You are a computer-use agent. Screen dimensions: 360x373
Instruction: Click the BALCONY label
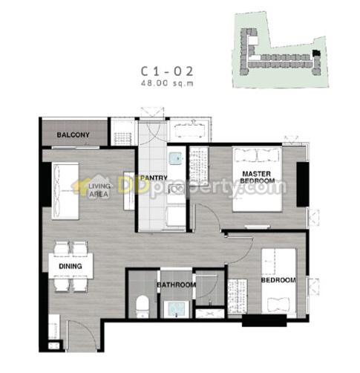click(x=73, y=135)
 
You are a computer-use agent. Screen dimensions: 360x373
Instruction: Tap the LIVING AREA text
click(x=99, y=190)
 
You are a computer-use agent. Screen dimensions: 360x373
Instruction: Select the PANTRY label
click(x=154, y=178)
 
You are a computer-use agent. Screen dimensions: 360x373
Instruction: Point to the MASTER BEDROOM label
click(x=257, y=178)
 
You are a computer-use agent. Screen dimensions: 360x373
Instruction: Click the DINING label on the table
click(x=71, y=266)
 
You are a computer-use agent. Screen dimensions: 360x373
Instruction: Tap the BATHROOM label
click(x=176, y=285)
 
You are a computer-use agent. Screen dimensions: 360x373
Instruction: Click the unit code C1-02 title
click(x=166, y=71)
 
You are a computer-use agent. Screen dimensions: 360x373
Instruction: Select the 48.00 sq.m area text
click(x=167, y=83)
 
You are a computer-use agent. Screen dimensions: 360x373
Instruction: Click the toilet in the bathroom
click(x=143, y=307)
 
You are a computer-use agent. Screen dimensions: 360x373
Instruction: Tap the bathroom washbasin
click(x=176, y=308)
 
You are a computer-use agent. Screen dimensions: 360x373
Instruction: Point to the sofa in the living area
click(x=65, y=191)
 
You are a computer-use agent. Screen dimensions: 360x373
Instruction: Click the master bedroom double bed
click(x=257, y=179)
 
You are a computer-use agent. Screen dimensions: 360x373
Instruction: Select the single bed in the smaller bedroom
click(x=278, y=282)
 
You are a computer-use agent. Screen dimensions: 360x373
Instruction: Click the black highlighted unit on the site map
click(x=316, y=53)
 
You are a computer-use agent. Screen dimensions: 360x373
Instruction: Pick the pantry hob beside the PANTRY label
click(x=176, y=189)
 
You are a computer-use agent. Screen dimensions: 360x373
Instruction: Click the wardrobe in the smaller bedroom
click(x=238, y=296)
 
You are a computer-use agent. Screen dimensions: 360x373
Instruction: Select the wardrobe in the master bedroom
click(x=199, y=166)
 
